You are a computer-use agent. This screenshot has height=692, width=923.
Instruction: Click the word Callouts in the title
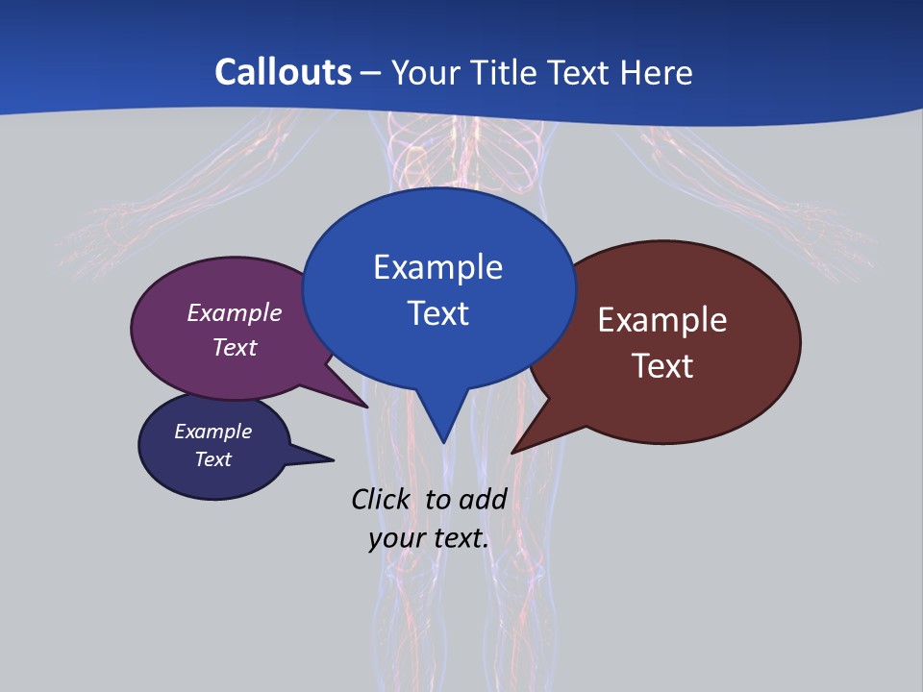[284, 72]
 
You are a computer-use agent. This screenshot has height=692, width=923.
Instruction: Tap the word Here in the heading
[657, 72]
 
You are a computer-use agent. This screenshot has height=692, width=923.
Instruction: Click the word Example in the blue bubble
[437, 267]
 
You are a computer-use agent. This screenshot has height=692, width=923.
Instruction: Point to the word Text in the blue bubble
[438, 313]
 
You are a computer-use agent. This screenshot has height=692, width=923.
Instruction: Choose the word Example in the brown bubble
[662, 320]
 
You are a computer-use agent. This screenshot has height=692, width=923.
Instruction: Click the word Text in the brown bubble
[663, 366]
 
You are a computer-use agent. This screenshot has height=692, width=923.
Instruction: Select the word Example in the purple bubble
[235, 313]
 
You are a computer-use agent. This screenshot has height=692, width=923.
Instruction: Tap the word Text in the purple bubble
[235, 347]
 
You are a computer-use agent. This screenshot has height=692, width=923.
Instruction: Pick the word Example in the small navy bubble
[213, 432]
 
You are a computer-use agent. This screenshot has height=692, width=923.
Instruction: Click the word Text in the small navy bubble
[213, 459]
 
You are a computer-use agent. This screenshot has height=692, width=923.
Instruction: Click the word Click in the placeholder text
[380, 499]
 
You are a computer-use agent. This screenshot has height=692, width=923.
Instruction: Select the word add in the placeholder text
[483, 499]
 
